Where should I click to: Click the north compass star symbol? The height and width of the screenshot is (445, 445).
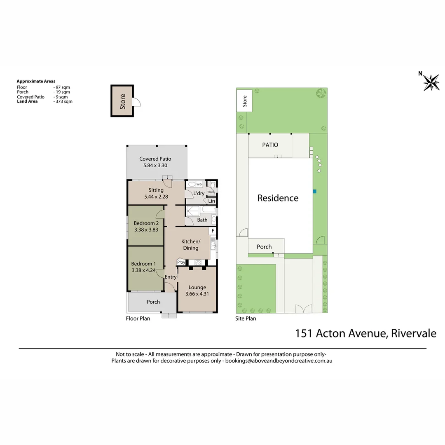click(x=431, y=82)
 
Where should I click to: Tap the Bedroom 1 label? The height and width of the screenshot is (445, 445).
click(x=143, y=264)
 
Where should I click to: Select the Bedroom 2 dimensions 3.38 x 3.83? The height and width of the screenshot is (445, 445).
click(x=146, y=230)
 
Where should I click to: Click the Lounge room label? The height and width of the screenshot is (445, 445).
click(x=197, y=288)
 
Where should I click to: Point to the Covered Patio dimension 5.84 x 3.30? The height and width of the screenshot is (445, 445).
click(x=155, y=165)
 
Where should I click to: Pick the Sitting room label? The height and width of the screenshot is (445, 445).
click(x=156, y=190)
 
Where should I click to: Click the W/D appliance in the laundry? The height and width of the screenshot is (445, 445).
click(x=199, y=184)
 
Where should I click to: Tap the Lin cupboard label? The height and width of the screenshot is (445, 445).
click(x=211, y=201)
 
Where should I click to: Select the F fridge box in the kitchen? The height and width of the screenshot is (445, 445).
click(x=213, y=231)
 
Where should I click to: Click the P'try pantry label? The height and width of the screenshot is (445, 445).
click(x=181, y=262)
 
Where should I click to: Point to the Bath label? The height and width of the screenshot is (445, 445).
click(x=202, y=220)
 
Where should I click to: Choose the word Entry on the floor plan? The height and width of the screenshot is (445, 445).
click(x=171, y=277)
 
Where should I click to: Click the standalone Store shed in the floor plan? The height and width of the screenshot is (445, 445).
click(x=122, y=101)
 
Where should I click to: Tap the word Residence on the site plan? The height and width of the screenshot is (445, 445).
click(x=278, y=198)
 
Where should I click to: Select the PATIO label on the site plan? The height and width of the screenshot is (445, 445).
click(x=270, y=145)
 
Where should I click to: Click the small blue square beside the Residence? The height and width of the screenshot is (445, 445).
click(x=314, y=191)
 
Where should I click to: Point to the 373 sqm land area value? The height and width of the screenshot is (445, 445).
click(x=64, y=101)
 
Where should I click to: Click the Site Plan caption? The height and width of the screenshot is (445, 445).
click(x=246, y=319)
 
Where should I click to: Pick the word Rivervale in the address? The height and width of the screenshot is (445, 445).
click(x=413, y=333)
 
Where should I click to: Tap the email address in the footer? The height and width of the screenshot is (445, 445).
click(x=279, y=361)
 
